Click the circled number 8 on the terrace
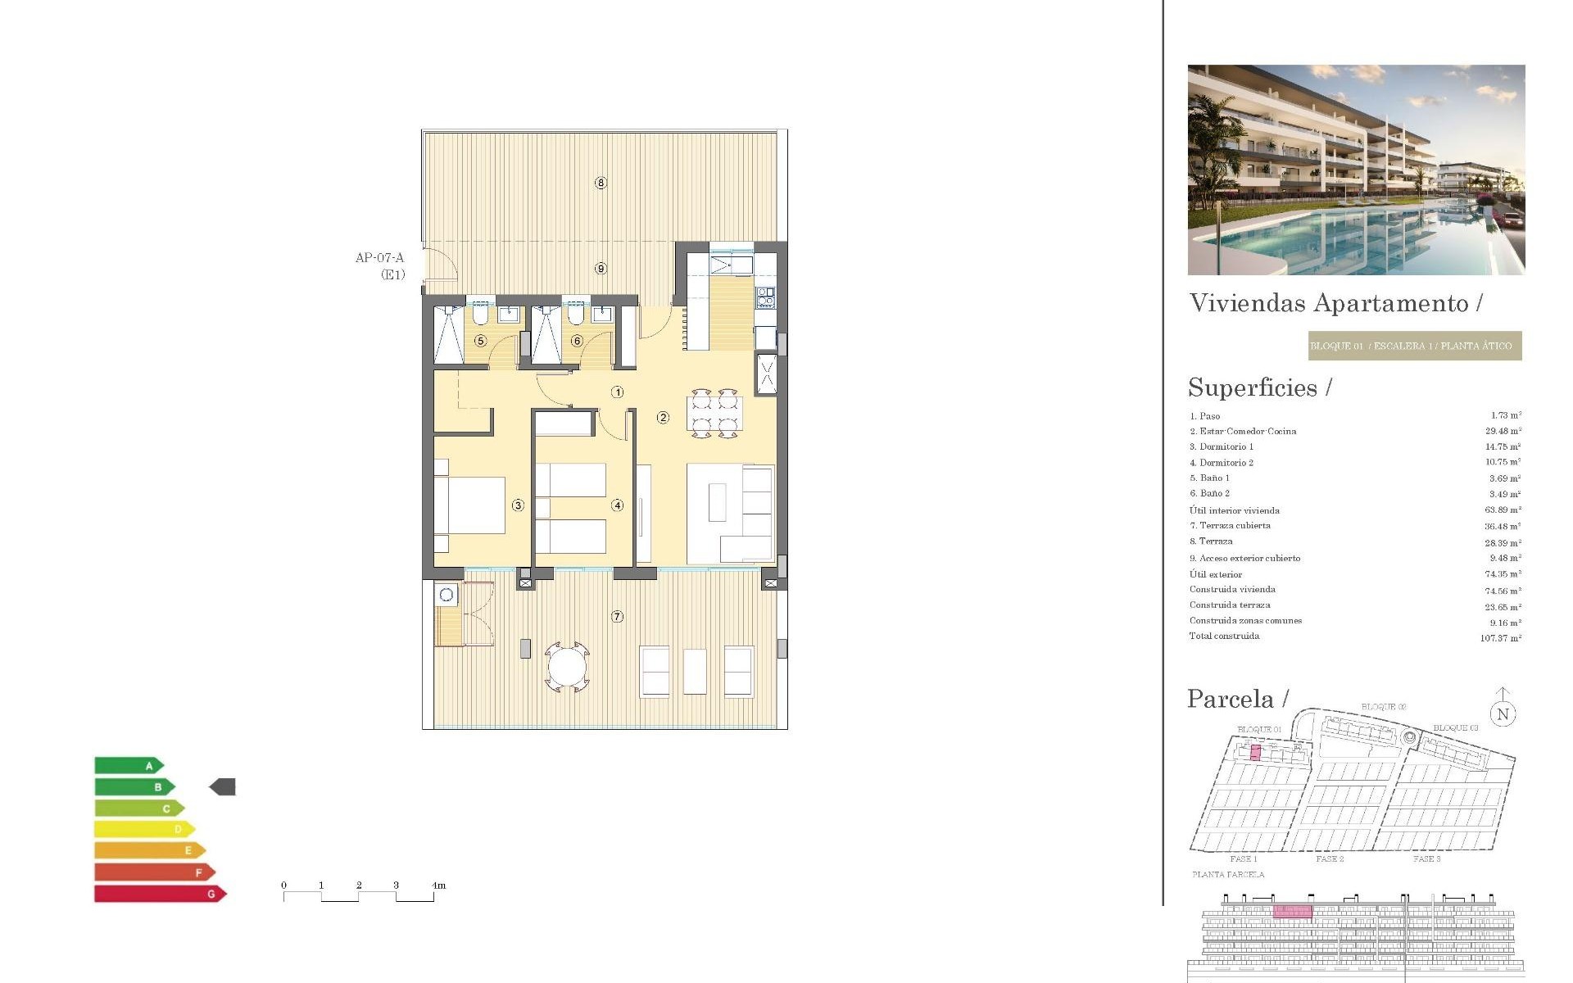click(x=601, y=183)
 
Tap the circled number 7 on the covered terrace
click(x=617, y=616)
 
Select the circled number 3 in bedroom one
click(x=518, y=505)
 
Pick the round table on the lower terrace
click(x=567, y=666)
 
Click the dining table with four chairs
click(x=714, y=413)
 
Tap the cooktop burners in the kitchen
click(x=765, y=297)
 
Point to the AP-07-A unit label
click(x=379, y=258)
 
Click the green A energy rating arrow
click(x=129, y=766)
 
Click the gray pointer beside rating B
click(x=223, y=787)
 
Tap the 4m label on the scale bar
click(x=439, y=886)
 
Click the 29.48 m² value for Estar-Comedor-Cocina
click(x=1503, y=431)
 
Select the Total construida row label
click(x=1224, y=636)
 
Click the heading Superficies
click(x=1253, y=387)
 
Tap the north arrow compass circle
click(x=1503, y=714)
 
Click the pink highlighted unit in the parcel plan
click(x=1255, y=753)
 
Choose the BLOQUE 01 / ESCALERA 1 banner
click(x=1415, y=346)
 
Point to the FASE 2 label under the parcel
click(x=1330, y=859)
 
